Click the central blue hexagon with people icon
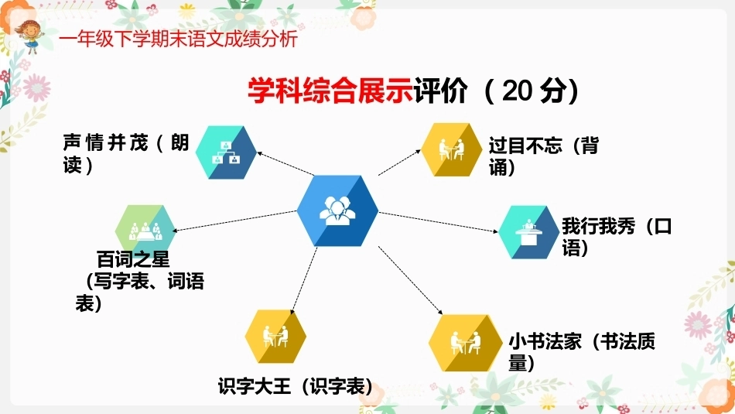337,210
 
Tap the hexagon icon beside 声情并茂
226,152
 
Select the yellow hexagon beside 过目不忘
451,150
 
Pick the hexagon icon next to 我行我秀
529,232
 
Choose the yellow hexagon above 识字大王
275,336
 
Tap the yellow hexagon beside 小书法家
466,343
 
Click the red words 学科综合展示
330,91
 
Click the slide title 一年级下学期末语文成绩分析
179,39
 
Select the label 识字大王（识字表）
296,387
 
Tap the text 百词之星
133,258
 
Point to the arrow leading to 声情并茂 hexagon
285,163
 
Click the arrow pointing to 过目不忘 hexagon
399,163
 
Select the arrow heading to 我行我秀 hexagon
438,222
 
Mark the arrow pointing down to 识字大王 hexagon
304,281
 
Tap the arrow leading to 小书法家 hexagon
410,280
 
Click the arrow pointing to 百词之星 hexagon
234,221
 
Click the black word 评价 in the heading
441,91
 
